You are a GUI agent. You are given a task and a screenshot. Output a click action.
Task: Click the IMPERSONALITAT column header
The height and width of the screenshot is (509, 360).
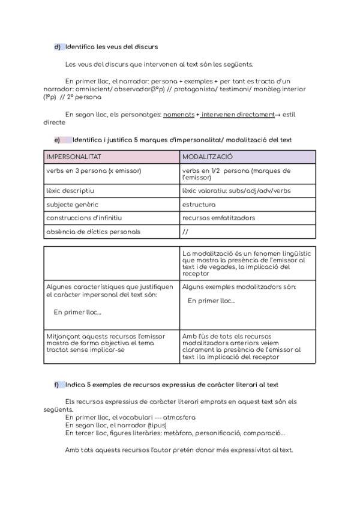[74, 156]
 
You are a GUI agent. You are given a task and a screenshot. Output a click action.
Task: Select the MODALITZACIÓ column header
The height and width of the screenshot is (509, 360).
[208, 156]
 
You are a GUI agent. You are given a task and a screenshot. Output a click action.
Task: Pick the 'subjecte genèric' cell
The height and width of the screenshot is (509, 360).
[71, 205]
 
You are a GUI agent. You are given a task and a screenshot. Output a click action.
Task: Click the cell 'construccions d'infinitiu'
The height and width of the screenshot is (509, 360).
[83, 218]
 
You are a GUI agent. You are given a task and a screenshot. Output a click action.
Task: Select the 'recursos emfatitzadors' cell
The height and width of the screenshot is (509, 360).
[218, 218]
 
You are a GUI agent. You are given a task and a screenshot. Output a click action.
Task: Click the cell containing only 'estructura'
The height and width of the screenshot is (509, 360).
[199, 205]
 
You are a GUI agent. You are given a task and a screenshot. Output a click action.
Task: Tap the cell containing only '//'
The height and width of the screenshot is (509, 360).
[185, 231]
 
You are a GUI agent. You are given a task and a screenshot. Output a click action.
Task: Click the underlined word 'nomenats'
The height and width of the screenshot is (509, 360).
[179, 113]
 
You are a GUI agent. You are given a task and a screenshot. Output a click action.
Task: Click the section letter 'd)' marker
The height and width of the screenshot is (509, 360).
[58, 46]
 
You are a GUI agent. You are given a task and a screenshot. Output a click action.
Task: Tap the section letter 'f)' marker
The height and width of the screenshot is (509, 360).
[57, 384]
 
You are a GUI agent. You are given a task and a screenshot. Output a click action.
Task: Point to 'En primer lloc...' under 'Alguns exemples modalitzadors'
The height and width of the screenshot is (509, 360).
[211, 301]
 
